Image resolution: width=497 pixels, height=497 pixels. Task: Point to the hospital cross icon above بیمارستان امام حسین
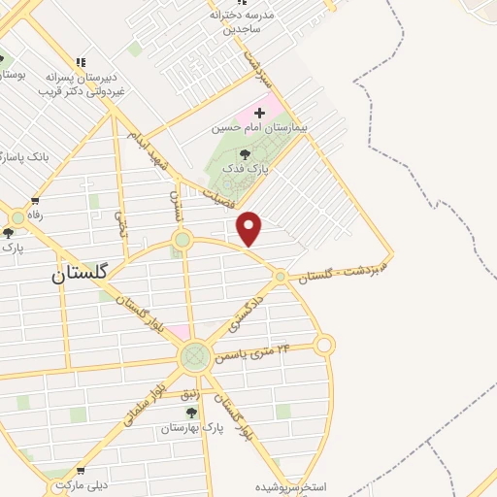(259, 114)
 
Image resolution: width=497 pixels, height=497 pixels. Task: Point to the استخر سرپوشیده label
(291, 485)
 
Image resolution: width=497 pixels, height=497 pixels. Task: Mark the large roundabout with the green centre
(195, 356)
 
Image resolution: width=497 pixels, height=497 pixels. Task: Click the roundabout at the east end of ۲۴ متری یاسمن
(324, 344)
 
